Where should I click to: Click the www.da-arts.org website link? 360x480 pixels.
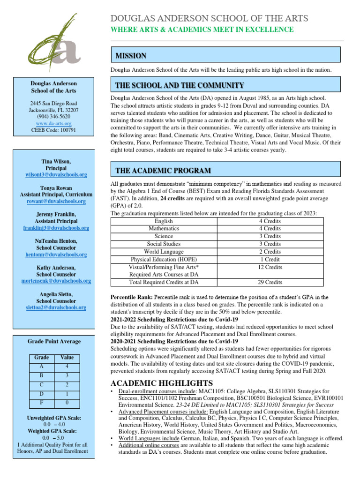pyautogui.click(x=54, y=123)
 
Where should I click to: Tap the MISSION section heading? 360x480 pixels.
pyautogui.click(x=131, y=56)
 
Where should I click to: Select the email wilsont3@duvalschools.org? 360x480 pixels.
pyautogui.click(x=56, y=174)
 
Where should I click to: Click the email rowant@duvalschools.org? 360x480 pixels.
pyautogui.click(x=56, y=201)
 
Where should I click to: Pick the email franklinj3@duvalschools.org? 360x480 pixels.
pyautogui.click(x=56, y=228)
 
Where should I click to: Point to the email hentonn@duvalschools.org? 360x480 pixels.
pyautogui.click(x=56, y=255)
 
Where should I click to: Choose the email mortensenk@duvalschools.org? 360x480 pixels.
pyautogui.click(x=56, y=281)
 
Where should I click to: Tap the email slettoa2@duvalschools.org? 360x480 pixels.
pyautogui.click(x=56, y=307)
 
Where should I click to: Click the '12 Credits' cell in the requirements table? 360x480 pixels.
pyautogui.click(x=270, y=267)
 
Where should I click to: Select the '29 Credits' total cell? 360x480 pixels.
pyautogui.click(x=270, y=282)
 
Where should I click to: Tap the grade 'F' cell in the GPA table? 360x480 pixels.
pyautogui.click(x=42, y=403)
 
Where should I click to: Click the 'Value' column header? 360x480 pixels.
pyautogui.click(x=67, y=357)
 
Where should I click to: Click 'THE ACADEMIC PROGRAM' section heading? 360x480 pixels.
pyautogui.click(x=163, y=170)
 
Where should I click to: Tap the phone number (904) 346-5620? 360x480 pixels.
pyautogui.click(x=54, y=117)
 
